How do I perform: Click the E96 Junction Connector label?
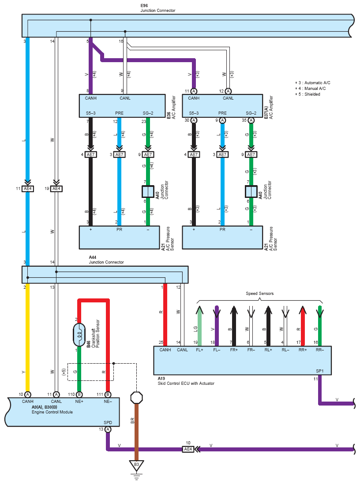157,8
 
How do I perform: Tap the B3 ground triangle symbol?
136,465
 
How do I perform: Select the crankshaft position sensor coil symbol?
79,335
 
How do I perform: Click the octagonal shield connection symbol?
136,398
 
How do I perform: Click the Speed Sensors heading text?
259,294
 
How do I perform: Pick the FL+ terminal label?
199,350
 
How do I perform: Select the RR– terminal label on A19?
320,350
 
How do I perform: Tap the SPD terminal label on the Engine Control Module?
108,423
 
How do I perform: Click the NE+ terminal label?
79,402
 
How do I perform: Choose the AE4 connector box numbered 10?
188,449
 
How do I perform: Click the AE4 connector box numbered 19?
56,189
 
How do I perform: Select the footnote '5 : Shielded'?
307,94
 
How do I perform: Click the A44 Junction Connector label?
106,260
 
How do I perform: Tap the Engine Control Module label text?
52,412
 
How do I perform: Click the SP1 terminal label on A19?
320,371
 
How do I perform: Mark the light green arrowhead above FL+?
199,310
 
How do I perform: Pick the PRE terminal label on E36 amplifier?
119,113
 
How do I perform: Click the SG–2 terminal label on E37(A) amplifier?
251,113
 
